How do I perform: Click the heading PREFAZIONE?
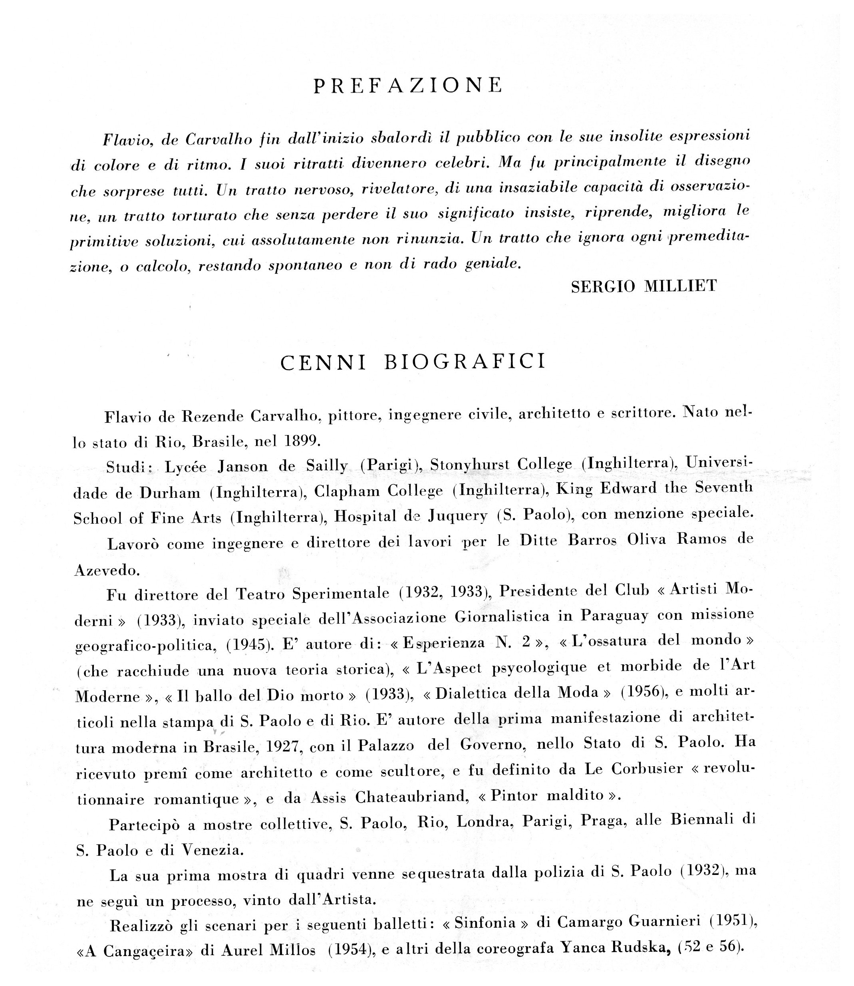point(408,85)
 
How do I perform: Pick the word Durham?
point(170,493)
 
